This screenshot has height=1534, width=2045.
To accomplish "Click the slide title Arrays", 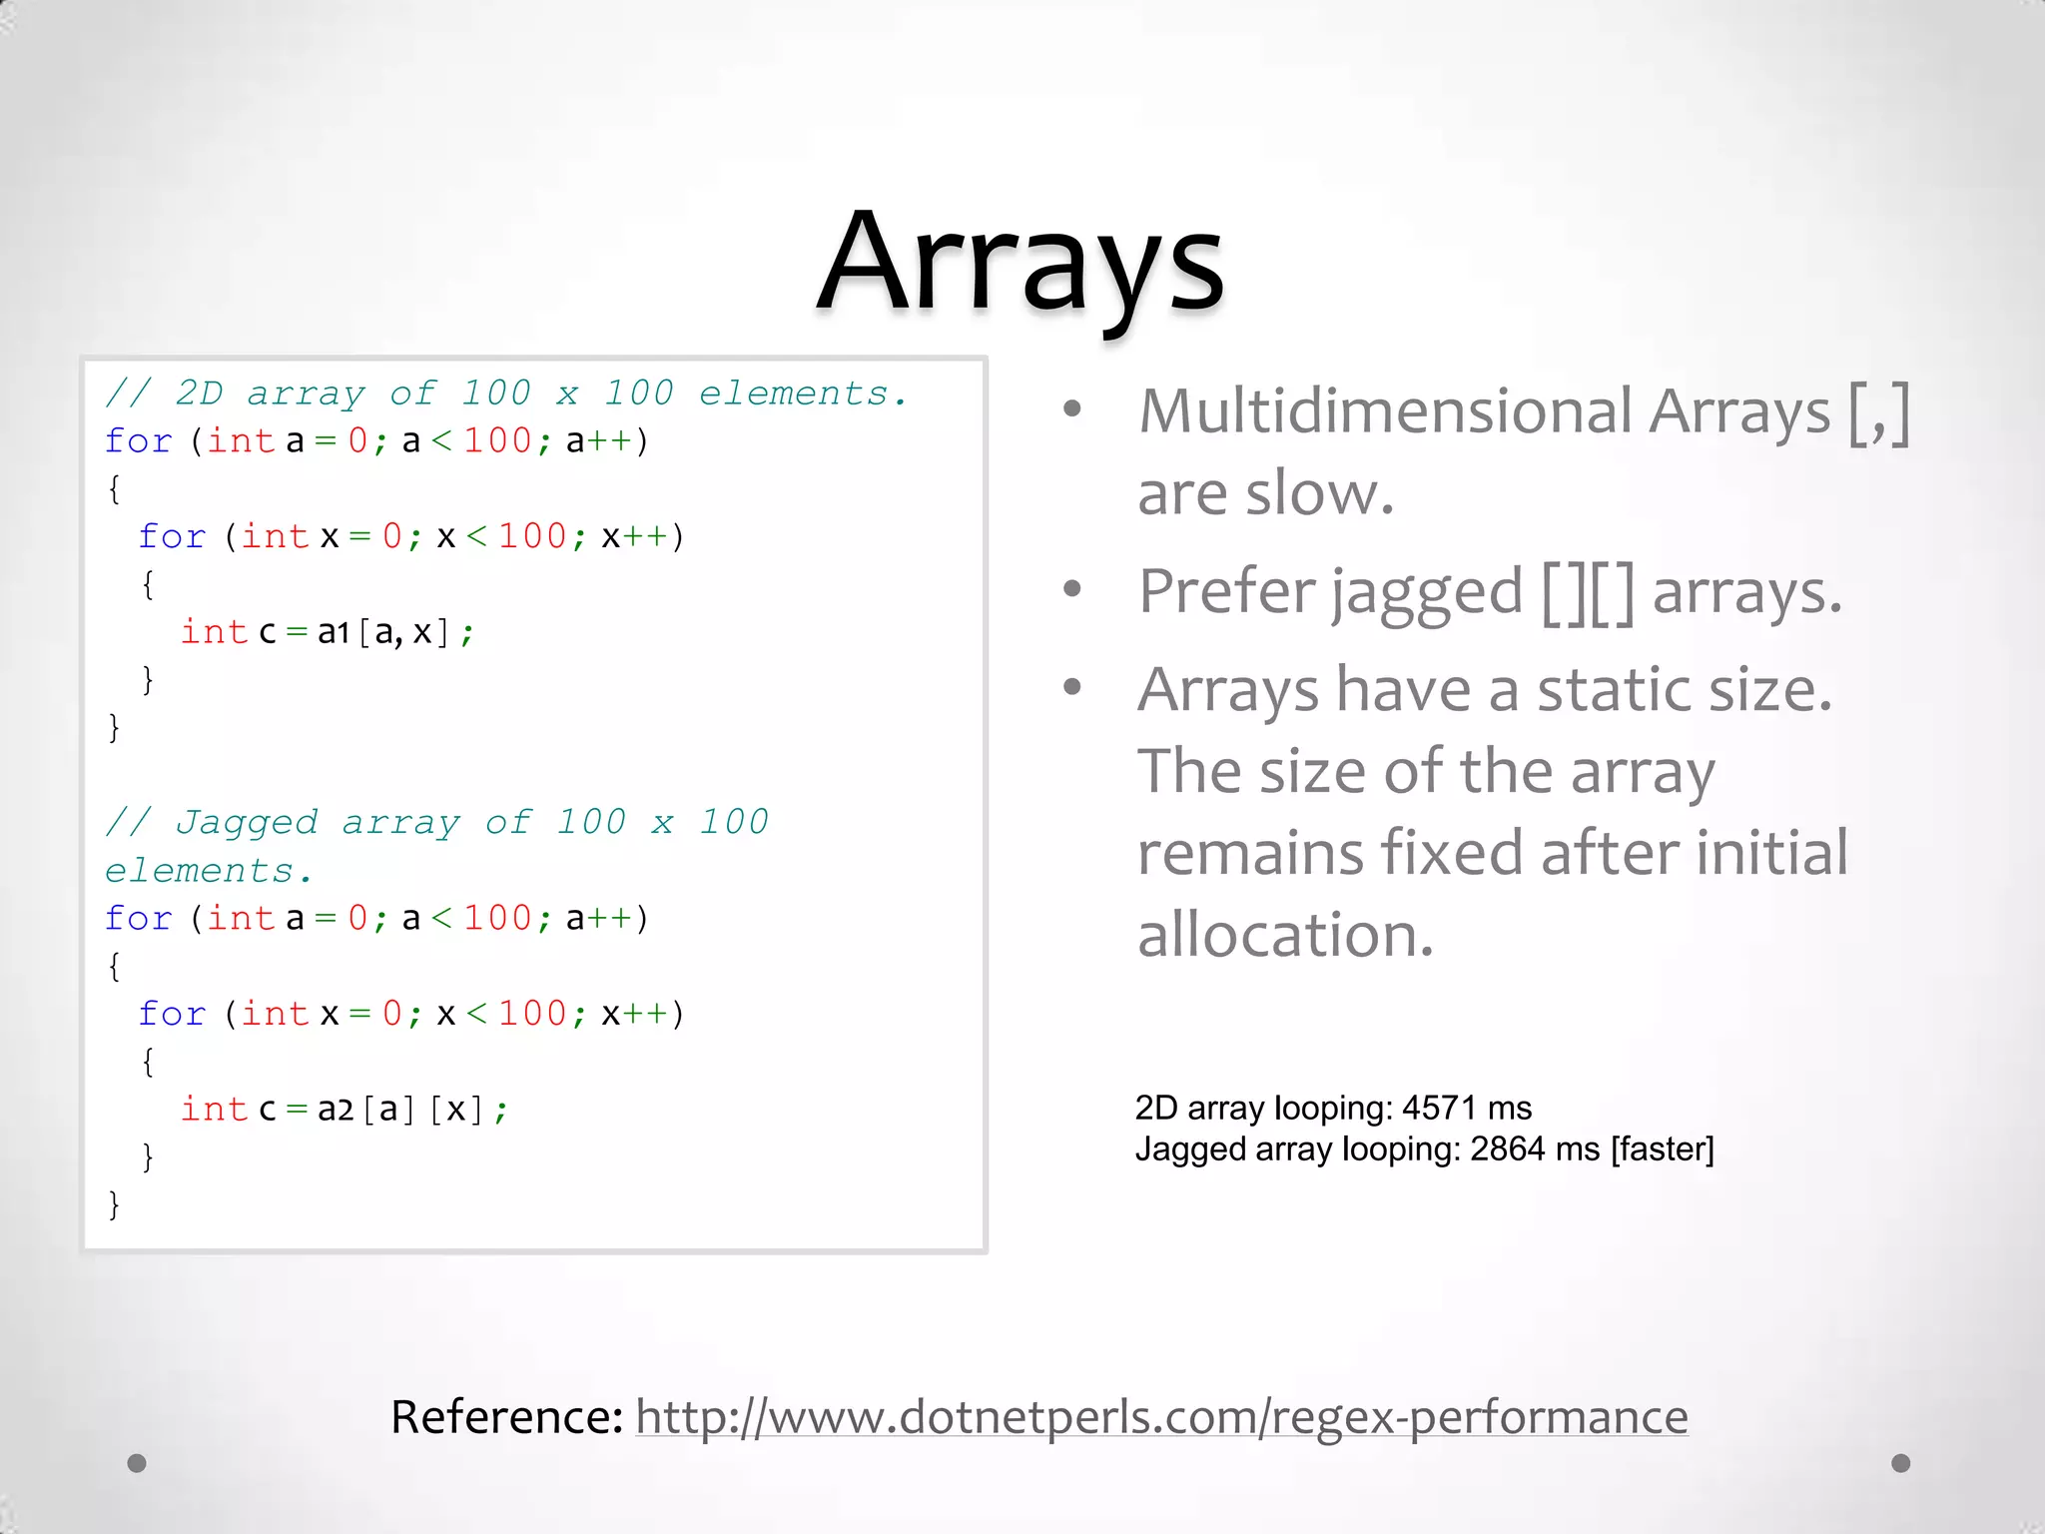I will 1021,262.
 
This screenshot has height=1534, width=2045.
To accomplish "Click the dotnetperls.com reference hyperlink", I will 1161,1416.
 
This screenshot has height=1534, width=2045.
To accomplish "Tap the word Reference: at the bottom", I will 506,1416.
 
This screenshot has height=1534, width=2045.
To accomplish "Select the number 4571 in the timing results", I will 1438,1108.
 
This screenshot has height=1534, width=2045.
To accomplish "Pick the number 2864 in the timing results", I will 1507,1149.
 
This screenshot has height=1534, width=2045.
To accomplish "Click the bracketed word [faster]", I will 1662,1149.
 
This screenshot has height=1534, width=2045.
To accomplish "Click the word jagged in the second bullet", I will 1427,591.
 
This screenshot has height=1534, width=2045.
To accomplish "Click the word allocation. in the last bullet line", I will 1285,935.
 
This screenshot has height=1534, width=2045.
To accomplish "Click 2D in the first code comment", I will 199,393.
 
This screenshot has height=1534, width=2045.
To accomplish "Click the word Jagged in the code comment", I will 247,822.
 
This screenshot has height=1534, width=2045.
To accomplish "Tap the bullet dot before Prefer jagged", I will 1072,588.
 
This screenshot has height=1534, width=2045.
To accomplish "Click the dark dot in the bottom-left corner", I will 137,1463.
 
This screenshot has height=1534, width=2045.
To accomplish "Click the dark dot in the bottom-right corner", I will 1901,1463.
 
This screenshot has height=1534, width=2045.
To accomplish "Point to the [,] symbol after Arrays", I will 1878,412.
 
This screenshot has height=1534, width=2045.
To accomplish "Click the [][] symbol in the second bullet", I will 1588,591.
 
